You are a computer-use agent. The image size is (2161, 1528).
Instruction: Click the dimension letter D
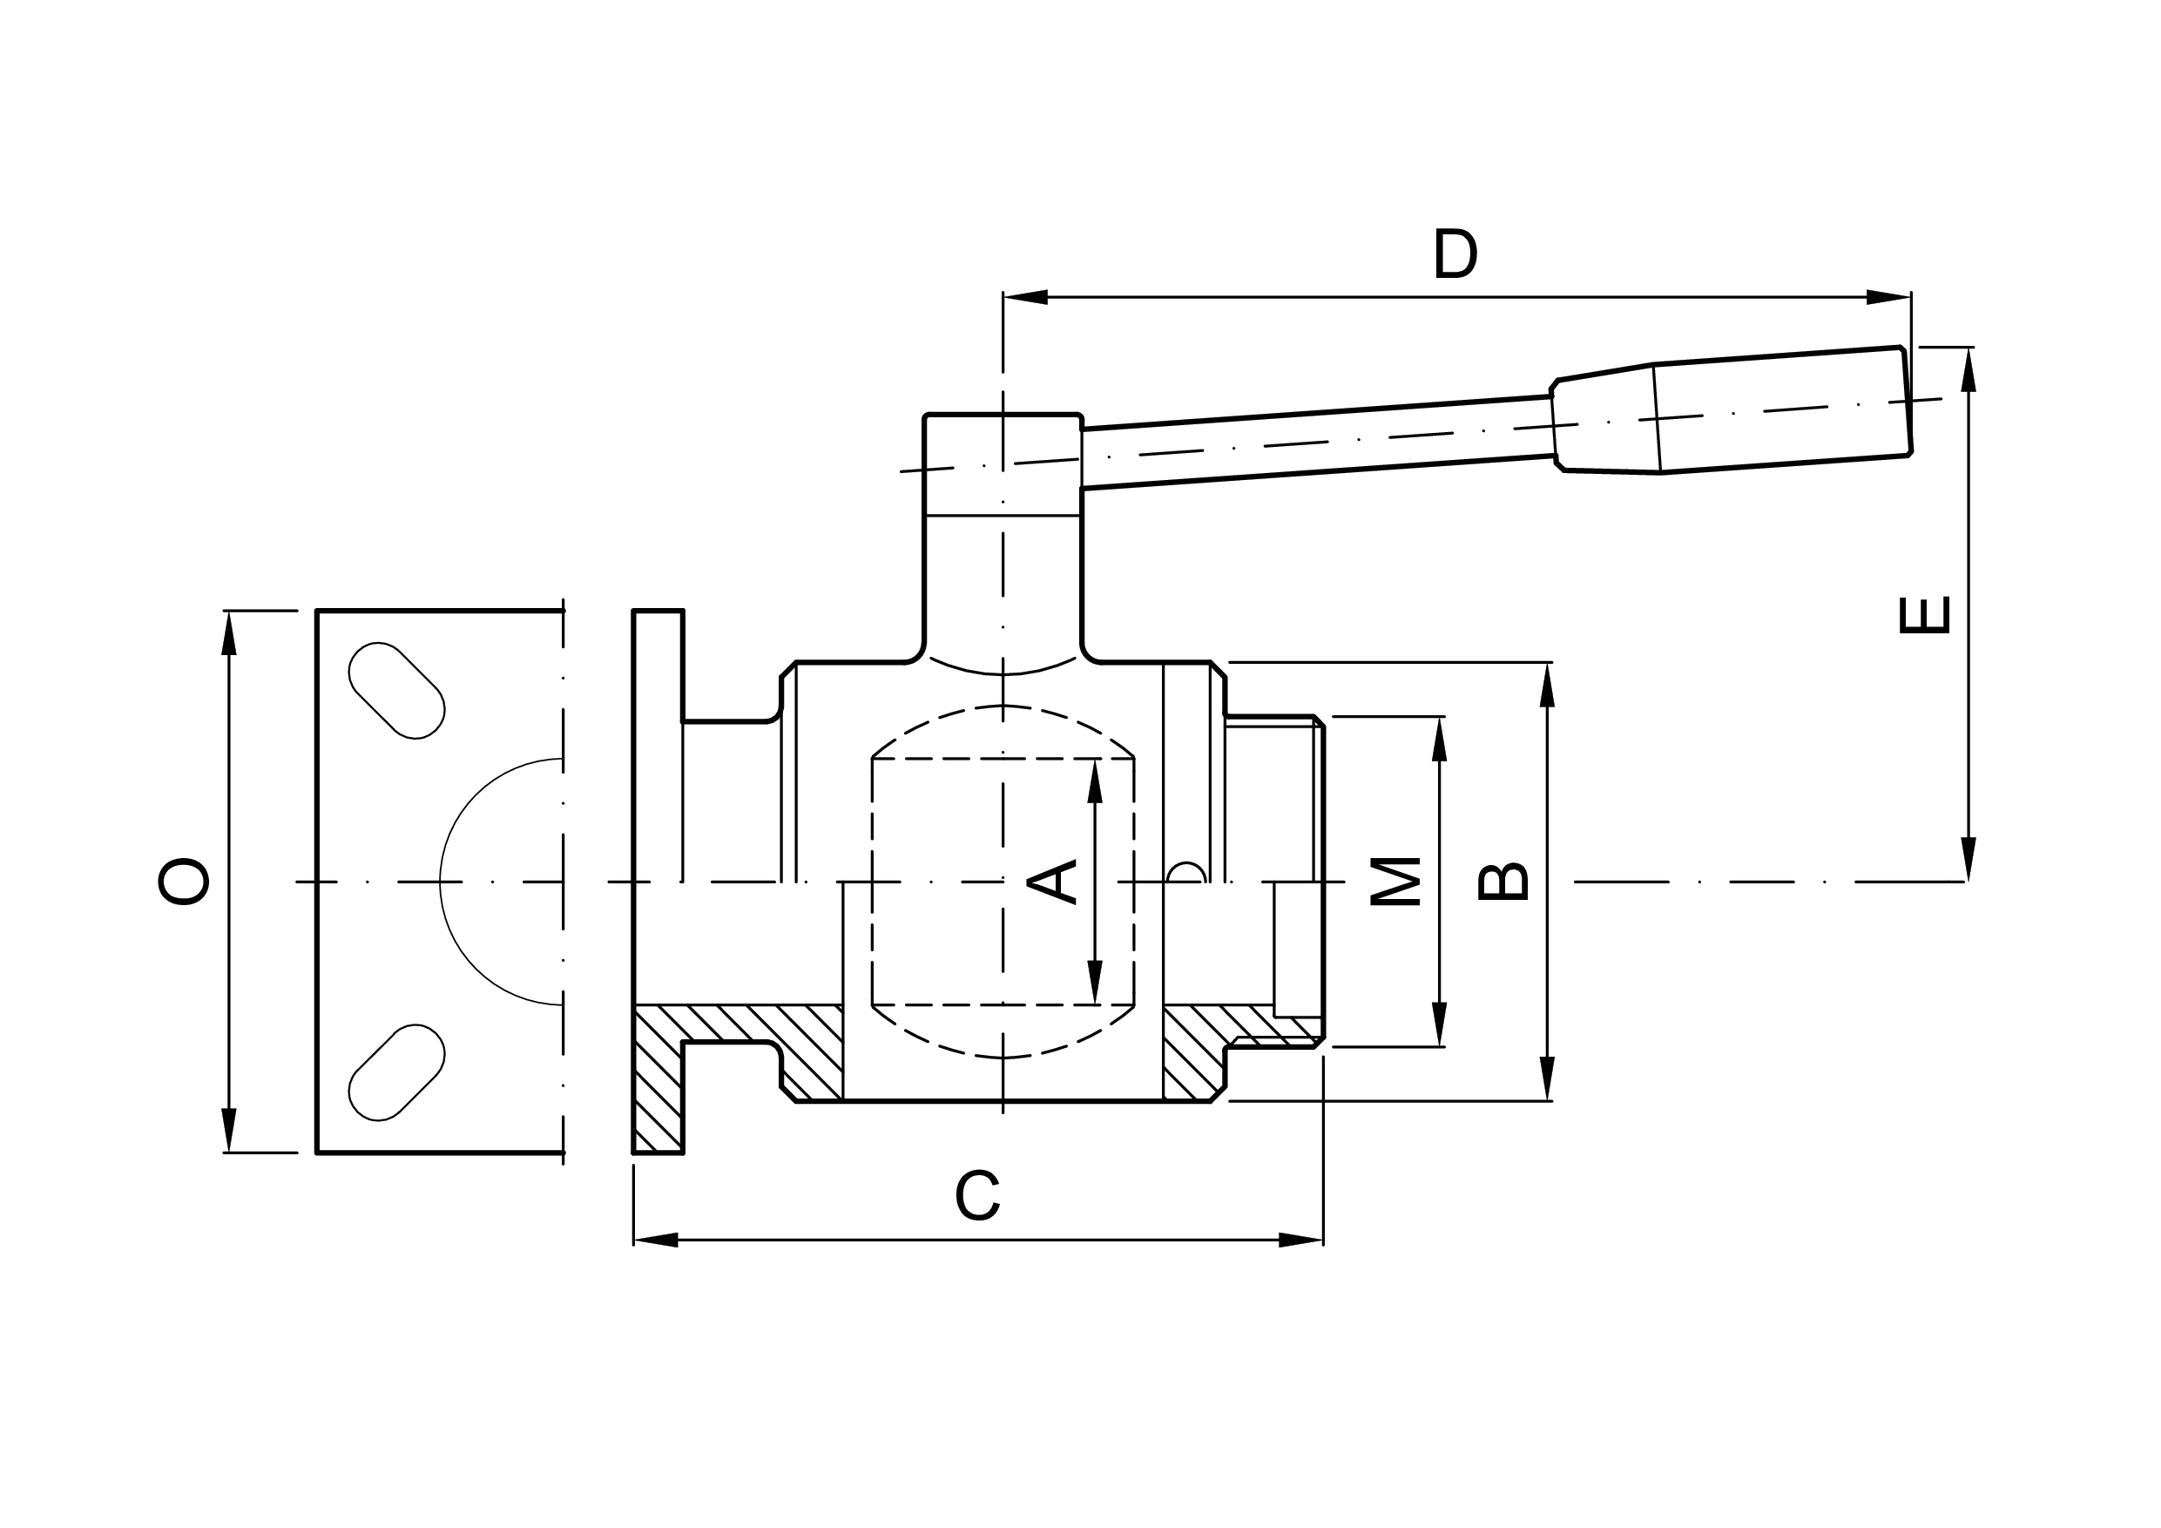1455,254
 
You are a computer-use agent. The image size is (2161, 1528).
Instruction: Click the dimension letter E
1924,615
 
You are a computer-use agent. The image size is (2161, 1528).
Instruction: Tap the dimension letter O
183,882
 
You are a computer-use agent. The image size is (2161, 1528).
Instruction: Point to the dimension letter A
1051,882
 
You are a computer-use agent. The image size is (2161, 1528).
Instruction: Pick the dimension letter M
1395,882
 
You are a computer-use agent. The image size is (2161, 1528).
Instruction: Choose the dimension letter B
1503,882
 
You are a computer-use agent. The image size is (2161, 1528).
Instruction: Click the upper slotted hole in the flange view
396,690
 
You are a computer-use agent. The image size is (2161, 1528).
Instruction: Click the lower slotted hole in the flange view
396,1072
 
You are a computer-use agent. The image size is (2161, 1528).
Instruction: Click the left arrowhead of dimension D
1026,298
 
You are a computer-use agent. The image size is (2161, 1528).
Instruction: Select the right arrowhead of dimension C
1300,1240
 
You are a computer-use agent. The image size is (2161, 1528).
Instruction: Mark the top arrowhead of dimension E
1968,370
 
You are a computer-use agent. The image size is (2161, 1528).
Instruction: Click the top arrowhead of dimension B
1546,685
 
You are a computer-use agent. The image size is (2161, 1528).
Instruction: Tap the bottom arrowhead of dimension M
1439,1024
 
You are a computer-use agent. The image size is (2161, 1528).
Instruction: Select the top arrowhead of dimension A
1095,781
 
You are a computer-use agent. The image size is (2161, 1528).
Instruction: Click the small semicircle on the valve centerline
1186,872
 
